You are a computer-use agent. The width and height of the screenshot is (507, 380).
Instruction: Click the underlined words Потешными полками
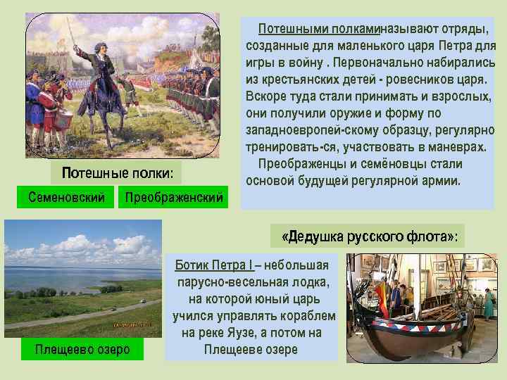[x=318, y=29]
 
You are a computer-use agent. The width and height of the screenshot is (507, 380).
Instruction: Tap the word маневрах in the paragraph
[x=457, y=147]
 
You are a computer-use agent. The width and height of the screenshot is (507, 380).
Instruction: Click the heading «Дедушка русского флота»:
[x=369, y=236]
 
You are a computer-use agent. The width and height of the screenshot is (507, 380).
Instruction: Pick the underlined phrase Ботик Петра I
[x=213, y=265]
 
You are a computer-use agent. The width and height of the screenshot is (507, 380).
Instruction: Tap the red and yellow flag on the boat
[x=381, y=290]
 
